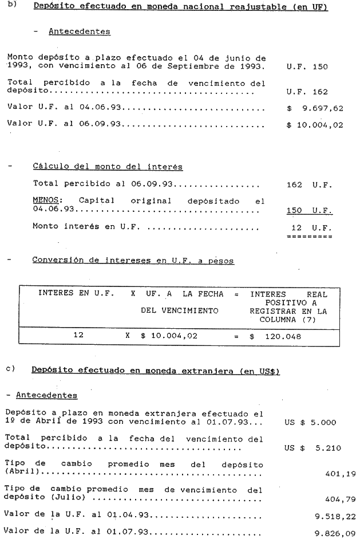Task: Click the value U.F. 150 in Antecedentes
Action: tap(307, 66)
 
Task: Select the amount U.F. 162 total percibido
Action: tap(307, 91)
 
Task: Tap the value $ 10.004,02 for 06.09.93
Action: tap(315, 124)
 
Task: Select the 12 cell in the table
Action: tap(78, 336)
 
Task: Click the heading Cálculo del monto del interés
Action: tap(108, 167)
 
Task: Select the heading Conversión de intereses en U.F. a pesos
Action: tap(132, 261)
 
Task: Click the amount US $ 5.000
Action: tap(310, 423)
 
